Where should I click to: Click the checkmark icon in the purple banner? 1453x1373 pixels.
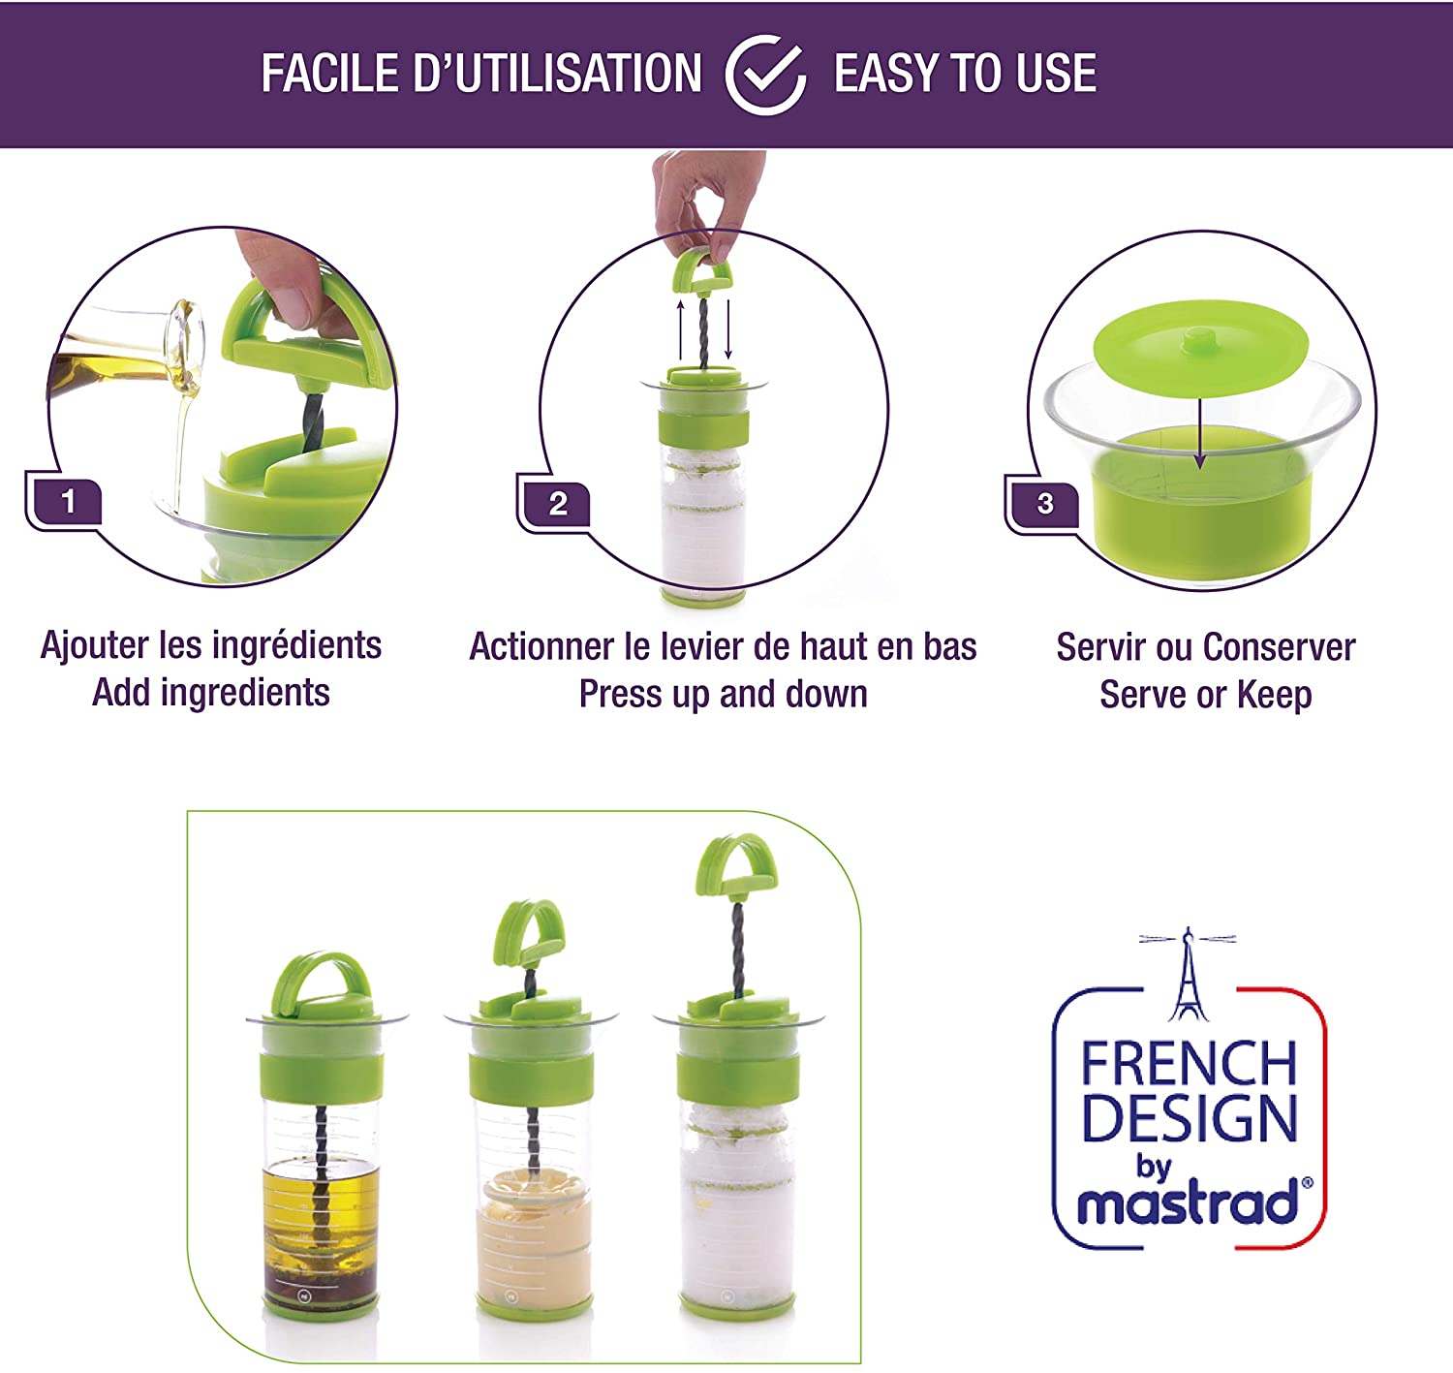point(765,75)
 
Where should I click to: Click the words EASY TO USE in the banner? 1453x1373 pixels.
point(965,75)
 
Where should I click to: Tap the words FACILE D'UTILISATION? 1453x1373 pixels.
point(481,75)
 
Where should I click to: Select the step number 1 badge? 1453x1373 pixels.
point(68,502)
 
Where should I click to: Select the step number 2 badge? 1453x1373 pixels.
point(558,504)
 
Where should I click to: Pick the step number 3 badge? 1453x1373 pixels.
point(1045,504)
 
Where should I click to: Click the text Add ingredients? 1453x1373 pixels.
point(211,693)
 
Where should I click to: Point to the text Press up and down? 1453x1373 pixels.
point(723,695)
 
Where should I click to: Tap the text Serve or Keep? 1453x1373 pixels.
point(1205,695)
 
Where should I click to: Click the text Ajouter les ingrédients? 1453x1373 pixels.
point(211,645)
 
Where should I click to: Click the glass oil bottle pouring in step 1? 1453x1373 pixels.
point(136,354)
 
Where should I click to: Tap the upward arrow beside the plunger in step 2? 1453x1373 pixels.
point(680,329)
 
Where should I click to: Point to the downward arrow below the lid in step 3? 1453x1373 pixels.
point(1200,426)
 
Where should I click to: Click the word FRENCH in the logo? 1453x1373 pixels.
point(1189,1064)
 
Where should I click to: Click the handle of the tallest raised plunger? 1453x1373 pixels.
point(736,867)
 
